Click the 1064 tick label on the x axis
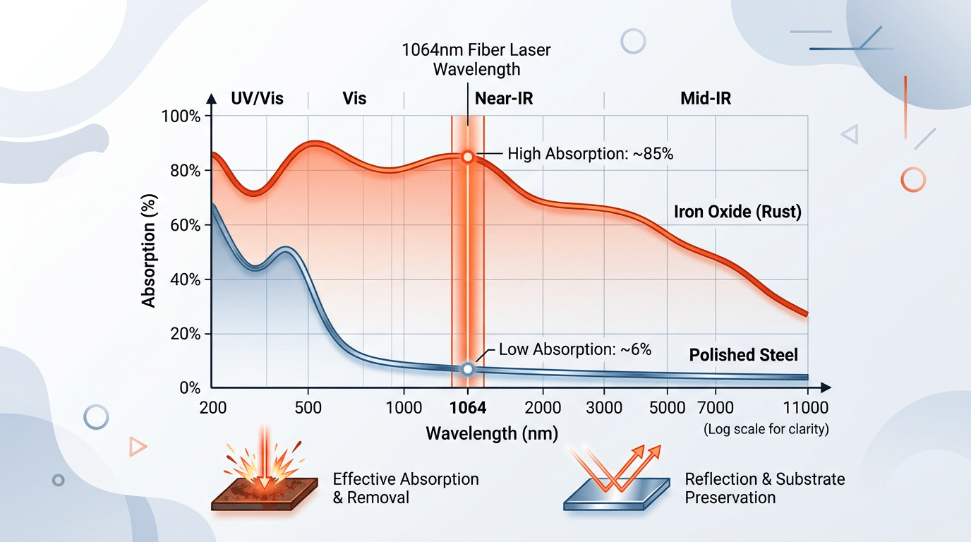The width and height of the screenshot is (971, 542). [x=468, y=408]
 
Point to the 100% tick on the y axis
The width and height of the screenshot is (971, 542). [x=181, y=116]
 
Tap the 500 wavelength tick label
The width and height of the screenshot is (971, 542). [x=308, y=408]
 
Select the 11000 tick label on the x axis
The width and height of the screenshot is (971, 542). [x=805, y=408]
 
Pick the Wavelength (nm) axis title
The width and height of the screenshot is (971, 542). [x=492, y=433]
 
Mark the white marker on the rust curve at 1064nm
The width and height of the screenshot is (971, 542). [x=466, y=157]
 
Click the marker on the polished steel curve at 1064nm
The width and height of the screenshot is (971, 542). [x=467, y=369]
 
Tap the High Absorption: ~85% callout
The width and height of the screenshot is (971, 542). [x=590, y=153]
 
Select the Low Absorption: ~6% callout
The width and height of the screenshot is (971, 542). [x=574, y=349]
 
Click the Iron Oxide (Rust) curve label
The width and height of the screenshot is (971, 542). [x=737, y=212]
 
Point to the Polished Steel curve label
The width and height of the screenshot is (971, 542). [x=743, y=354]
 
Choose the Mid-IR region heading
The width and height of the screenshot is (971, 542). [x=706, y=99]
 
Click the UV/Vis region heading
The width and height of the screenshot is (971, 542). [x=257, y=99]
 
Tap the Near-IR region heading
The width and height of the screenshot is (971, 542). [x=504, y=99]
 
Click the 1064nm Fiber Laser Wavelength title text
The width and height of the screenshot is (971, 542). [x=476, y=60]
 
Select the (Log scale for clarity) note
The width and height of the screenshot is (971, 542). [x=766, y=429]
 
